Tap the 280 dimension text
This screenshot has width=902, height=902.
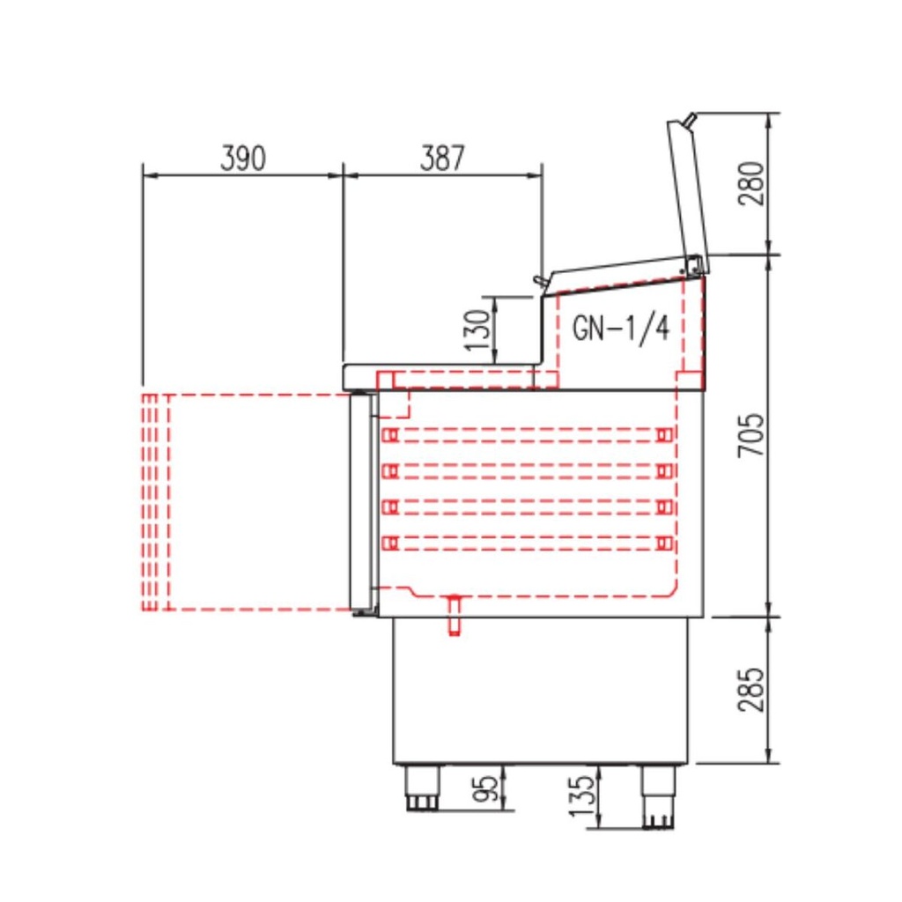(x=751, y=183)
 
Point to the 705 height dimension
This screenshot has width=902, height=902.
(x=751, y=435)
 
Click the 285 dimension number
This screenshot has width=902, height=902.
(x=751, y=690)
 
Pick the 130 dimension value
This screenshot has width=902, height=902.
(x=477, y=329)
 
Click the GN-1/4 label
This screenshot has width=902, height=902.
(x=621, y=328)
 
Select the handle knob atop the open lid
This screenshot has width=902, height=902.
(x=691, y=119)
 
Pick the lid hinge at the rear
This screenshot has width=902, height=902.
(x=695, y=263)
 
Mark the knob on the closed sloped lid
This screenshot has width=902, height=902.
(x=539, y=279)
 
